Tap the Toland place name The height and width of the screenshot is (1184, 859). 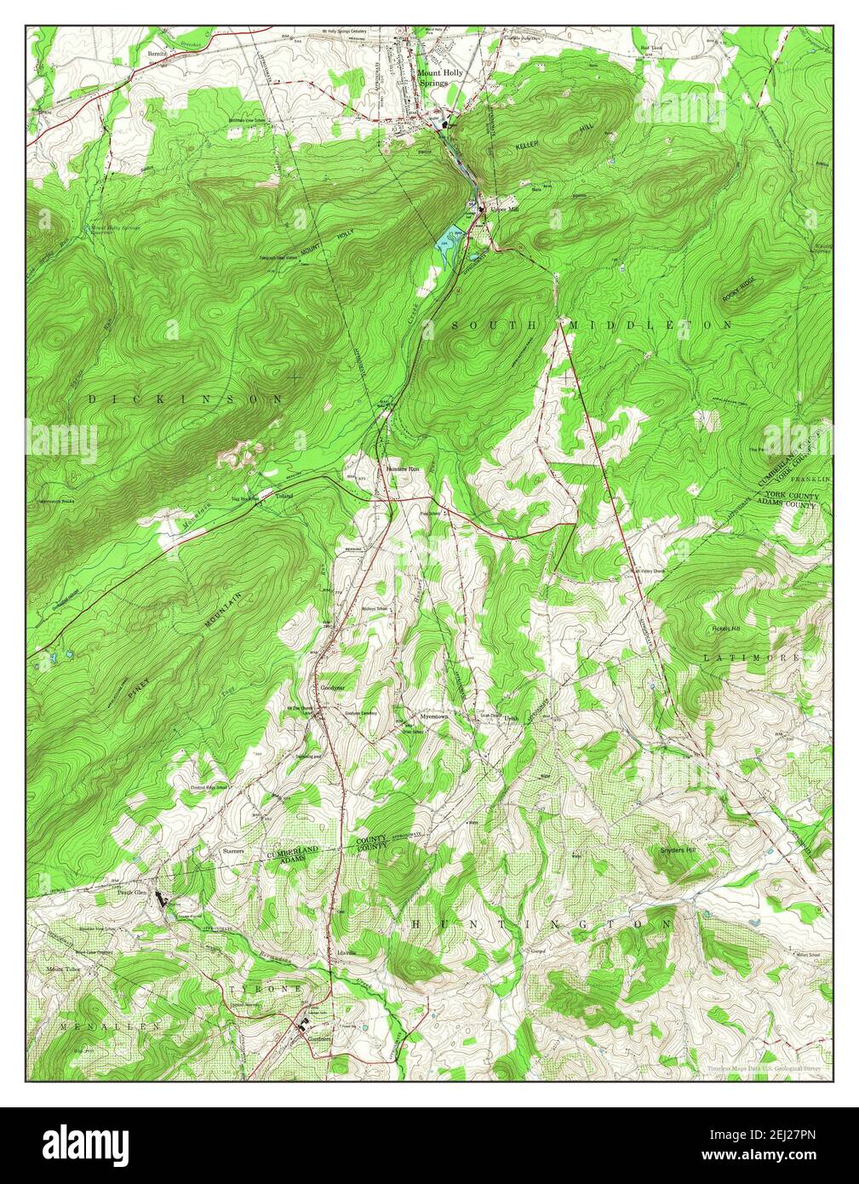283,496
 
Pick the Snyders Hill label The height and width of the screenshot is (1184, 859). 679,850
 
